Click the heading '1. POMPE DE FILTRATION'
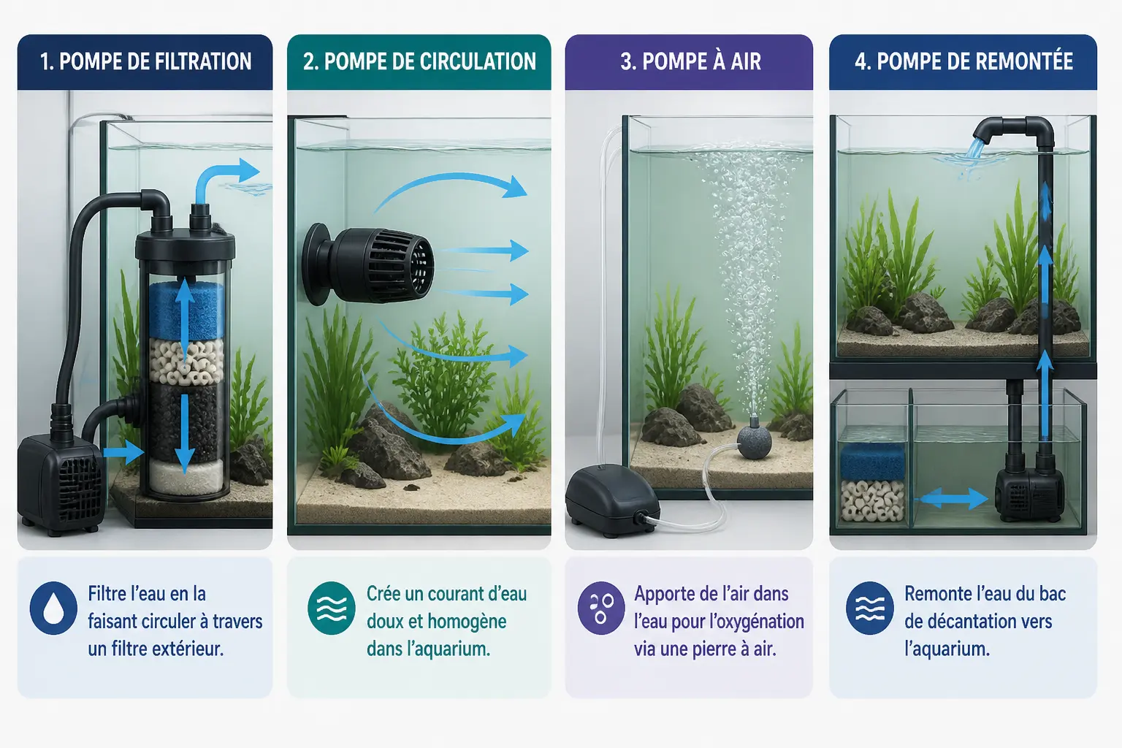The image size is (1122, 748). [x=145, y=61]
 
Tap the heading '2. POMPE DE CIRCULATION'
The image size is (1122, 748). [x=419, y=61]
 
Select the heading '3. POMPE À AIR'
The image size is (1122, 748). [x=690, y=61]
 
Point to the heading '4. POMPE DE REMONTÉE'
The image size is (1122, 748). [x=963, y=61]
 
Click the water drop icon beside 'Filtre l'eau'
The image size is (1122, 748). [x=53, y=608]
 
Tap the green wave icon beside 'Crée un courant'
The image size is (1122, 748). [x=332, y=608]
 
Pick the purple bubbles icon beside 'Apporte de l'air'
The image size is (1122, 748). [x=601, y=608]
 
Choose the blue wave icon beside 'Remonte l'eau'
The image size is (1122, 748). [x=870, y=608]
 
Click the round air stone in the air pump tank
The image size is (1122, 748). [x=754, y=442]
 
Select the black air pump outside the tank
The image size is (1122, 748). [x=612, y=500]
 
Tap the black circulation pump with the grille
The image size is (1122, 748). [x=368, y=264]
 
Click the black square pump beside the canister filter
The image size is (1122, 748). [x=60, y=484]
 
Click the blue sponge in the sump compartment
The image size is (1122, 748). [x=873, y=461]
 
